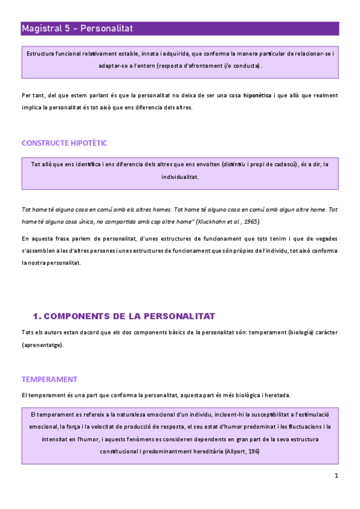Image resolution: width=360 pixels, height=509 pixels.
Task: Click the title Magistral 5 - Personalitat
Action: click(77, 28)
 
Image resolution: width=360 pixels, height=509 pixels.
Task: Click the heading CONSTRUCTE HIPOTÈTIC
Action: click(64, 143)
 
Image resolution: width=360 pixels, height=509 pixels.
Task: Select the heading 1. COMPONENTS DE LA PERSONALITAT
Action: click(124, 316)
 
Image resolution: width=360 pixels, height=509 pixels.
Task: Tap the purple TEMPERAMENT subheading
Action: click(49, 379)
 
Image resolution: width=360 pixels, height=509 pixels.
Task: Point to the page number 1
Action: click(337, 476)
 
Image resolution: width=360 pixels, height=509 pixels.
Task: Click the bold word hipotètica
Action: click(257, 95)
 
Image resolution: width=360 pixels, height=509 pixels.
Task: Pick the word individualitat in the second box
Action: click(180, 177)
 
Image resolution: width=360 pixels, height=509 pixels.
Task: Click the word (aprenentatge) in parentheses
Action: click(43, 345)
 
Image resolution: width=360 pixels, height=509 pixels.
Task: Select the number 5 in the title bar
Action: click(71, 28)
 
